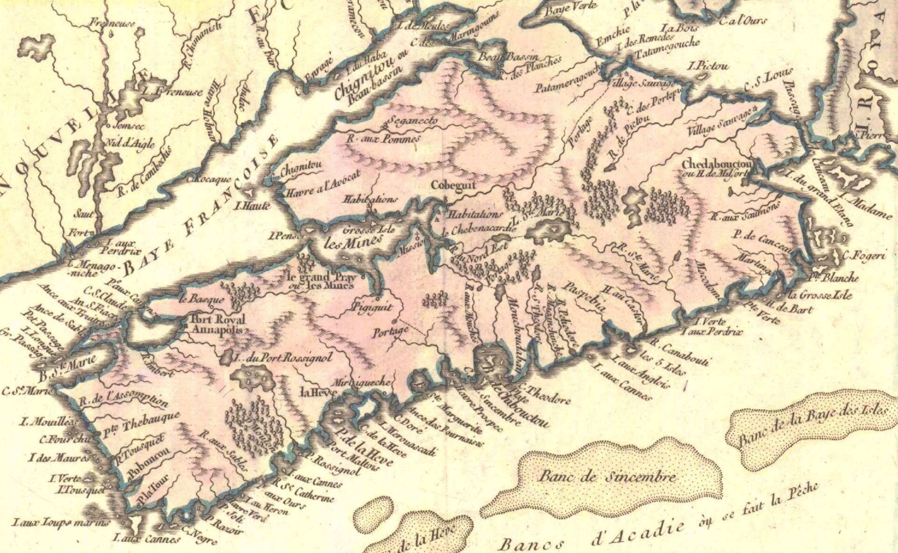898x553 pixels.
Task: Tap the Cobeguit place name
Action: pyautogui.click(x=453, y=185)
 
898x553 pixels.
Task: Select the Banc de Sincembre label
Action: pyautogui.click(x=607, y=477)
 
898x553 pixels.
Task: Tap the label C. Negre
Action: pyautogui.click(x=200, y=536)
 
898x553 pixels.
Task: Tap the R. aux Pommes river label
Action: pyautogui.click(x=383, y=138)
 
